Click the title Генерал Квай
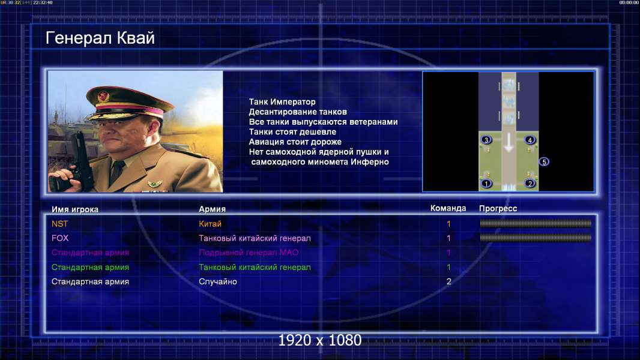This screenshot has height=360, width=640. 100,38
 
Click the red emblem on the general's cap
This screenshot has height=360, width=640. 103,96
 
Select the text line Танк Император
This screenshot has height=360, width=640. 282,102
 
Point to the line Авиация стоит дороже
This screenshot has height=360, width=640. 295,142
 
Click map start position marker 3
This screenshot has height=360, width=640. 486,140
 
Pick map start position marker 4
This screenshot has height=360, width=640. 530,140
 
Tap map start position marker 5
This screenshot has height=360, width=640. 544,162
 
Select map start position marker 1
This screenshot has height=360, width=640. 486,184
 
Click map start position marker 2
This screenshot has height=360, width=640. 530,184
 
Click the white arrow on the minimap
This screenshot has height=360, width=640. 508,143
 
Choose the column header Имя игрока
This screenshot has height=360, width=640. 74,209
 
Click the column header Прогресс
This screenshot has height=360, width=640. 498,208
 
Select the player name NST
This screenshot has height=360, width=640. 59,224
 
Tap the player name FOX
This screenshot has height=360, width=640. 60,238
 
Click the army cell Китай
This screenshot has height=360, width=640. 210,224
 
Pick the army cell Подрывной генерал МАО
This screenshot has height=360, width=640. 249,253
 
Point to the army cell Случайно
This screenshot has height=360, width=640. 217,282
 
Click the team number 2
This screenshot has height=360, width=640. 448,282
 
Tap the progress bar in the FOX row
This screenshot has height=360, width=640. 536,238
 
